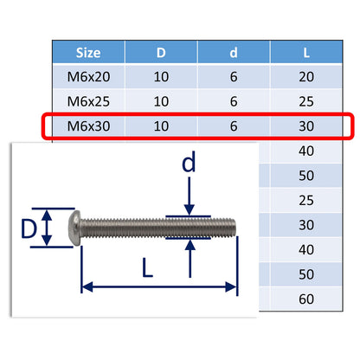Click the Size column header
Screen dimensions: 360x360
click(88, 52)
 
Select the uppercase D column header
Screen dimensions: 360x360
click(160, 52)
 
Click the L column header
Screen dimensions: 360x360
click(306, 52)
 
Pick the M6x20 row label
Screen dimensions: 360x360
click(88, 76)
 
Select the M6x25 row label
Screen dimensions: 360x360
click(88, 100)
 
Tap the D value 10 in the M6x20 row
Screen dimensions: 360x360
click(160, 76)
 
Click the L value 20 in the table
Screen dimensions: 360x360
click(306, 76)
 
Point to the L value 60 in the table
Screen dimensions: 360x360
click(306, 299)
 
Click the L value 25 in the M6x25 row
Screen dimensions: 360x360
click(306, 100)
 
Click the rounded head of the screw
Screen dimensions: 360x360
click(77, 227)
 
